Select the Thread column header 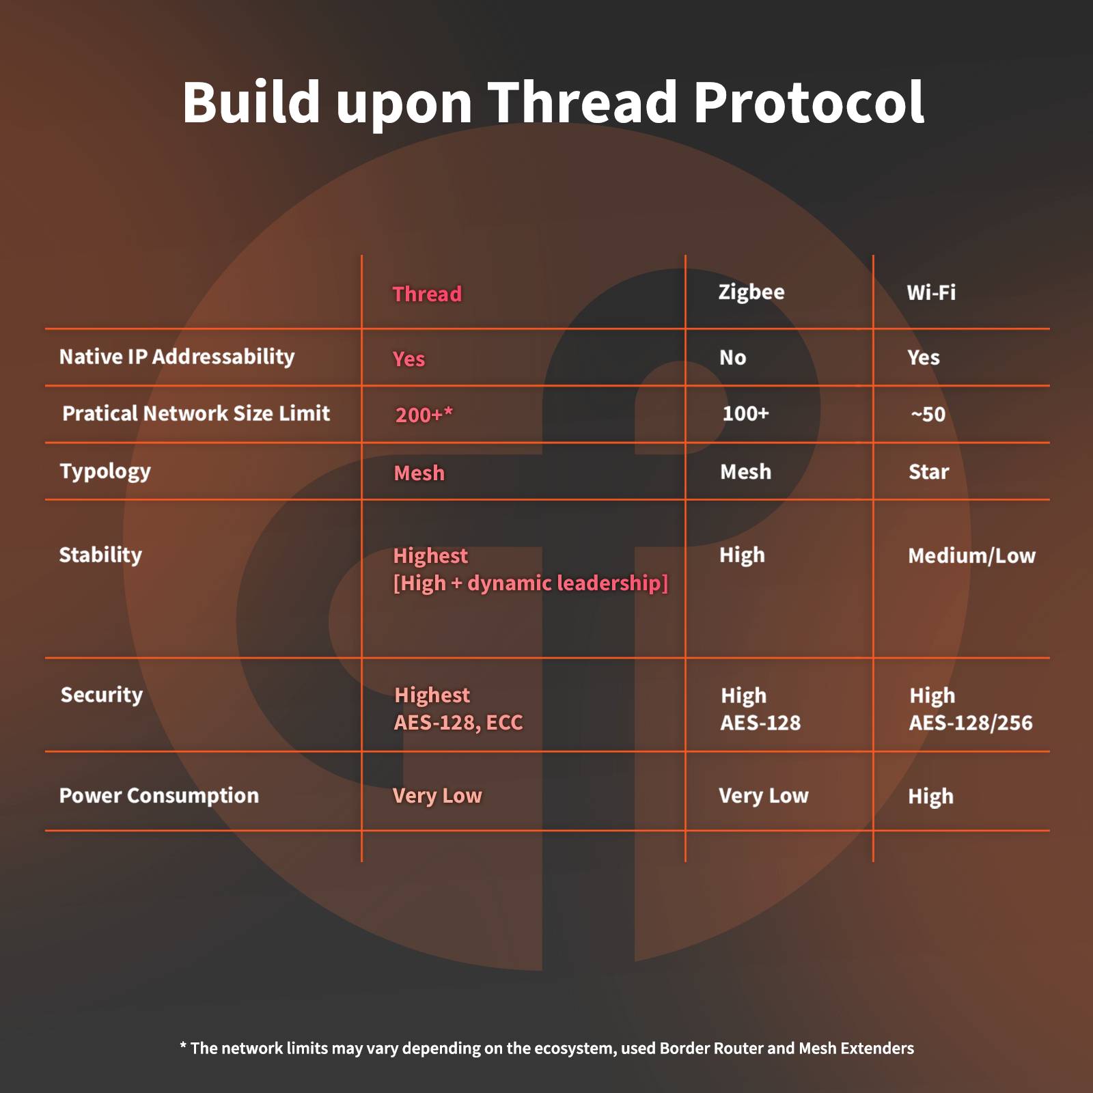(x=427, y=294)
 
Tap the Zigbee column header (x=751, y=292)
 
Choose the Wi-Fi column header (x=930, y=292)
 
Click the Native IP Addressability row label (x=177, y=357)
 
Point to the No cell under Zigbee (x=732, y=357)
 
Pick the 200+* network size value (x=424, y=415)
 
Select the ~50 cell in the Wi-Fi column (x=928, y=414)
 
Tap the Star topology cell (x=928, y=471)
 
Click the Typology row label (x=105, y=471)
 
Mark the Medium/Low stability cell (x=971, y=555)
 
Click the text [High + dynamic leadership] (x=530, y=583)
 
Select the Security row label (x=102, y=695)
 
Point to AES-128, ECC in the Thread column (x=458, y=722)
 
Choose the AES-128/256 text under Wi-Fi (x=970, y=723)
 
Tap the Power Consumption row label (x=159, y=795)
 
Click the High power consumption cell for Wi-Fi (x=930, y=797)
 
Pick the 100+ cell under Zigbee (x=745, y=413)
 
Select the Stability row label (x=100, y=555)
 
